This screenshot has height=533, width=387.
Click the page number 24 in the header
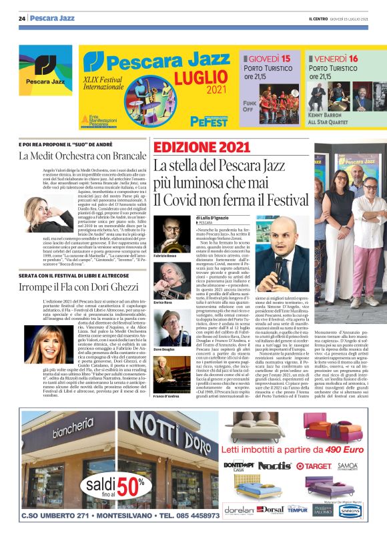(x=21, y=18)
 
